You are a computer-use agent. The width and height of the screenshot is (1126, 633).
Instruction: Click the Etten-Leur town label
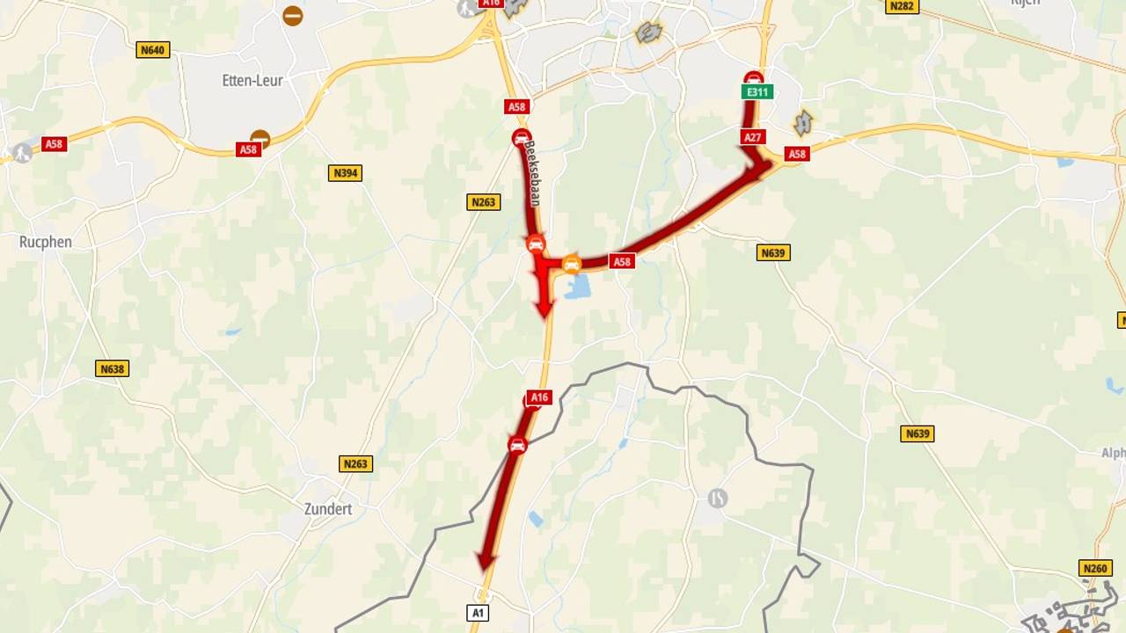252,80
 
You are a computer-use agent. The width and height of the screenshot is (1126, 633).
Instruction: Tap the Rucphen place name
45,242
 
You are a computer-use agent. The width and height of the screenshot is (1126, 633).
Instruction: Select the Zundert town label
327,509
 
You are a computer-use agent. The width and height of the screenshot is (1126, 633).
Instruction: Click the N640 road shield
152,50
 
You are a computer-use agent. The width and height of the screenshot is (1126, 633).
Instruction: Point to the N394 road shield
345,173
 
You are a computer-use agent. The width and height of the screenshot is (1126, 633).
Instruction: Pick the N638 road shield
112,368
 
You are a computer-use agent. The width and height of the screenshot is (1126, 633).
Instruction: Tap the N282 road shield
902,6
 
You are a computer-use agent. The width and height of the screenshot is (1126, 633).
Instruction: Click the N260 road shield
1095,569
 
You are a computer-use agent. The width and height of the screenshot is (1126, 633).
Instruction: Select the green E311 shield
757,91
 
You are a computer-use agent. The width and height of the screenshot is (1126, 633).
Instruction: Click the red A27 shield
752,137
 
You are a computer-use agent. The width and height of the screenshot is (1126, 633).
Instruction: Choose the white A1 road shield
478,613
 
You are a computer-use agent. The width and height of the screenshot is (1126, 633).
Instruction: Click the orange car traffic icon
572,263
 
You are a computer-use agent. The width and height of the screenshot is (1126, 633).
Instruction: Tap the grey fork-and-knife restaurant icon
718,498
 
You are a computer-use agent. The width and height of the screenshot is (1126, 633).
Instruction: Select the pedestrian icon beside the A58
22,153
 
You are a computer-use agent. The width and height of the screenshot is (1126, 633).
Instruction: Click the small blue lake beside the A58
577,287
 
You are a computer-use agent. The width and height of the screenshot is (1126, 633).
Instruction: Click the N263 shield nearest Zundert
355,463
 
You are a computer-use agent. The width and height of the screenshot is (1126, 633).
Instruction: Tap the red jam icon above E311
753,77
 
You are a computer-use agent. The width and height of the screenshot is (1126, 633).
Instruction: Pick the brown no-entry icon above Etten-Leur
293,15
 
